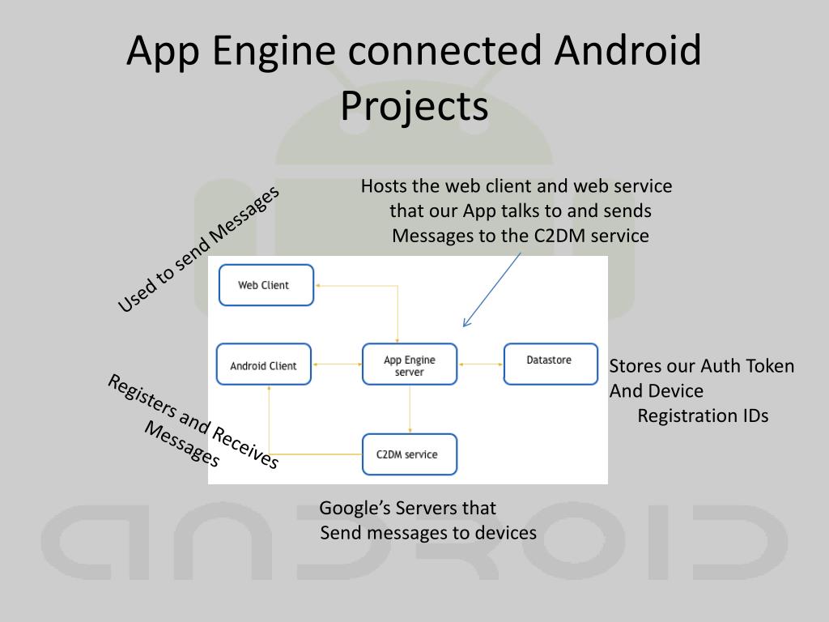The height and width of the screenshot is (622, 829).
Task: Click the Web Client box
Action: [x=266, y=285]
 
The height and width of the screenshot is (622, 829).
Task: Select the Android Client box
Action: [x=264, y=365]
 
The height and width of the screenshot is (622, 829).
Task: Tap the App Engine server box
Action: [x=410, y=365]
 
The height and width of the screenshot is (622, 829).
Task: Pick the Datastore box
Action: [x=551, y=364]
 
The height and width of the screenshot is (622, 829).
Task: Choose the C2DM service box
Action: [x=409, y=454]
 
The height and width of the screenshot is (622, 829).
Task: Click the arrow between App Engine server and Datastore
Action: [x=480, y=364]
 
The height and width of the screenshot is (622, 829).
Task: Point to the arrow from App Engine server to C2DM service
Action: [x=410, y=409]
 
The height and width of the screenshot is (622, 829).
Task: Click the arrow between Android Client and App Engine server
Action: [x=336, y=365]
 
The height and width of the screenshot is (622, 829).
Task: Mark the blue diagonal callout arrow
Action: [x=491, y=289]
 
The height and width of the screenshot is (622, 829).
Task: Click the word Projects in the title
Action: [x=414, y=106]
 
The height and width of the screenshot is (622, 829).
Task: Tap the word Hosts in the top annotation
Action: [x=384, y=186]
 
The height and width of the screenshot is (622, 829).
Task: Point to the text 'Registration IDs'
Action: [x=703, y=416]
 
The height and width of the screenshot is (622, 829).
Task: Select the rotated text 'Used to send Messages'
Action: [x=198, y=248]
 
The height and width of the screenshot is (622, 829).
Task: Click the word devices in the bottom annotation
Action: [x=506, y=533]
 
